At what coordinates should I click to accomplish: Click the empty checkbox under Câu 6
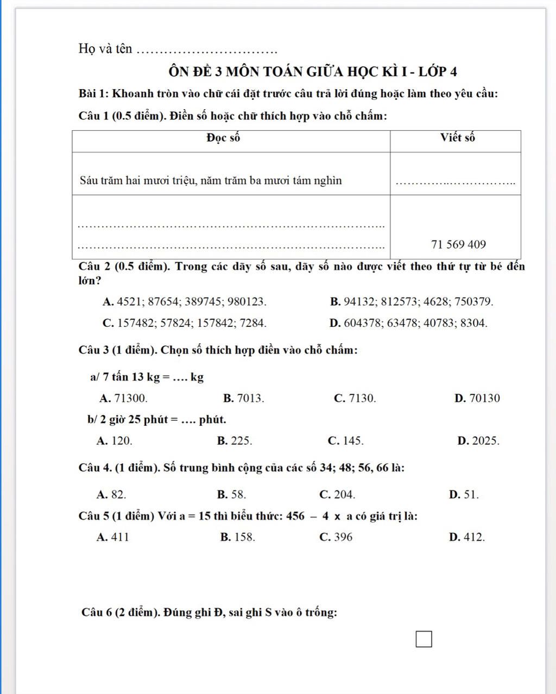tap(424, 639)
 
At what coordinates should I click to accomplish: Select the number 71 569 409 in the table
tap(458, 244)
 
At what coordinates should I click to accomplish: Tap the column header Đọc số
tap(223, 138)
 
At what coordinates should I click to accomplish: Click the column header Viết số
tap(457, 138)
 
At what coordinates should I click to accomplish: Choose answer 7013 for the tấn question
tap(244, 398)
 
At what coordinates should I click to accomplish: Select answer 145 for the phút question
tap(346, 440)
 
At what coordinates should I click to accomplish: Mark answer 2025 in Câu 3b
tap(478, 440)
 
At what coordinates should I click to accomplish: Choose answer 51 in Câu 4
tap(464, 494)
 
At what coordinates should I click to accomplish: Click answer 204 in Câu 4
tap(337, 494)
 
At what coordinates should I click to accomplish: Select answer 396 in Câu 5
tap(336, 537)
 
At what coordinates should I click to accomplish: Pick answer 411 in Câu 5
tap(113, 537)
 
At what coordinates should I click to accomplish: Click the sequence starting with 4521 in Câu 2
tap(185, 302)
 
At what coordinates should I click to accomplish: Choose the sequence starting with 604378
tap(408, 323)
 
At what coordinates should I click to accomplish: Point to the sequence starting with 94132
tap(412, 302)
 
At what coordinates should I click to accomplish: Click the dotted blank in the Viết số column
tap(456, 182)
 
